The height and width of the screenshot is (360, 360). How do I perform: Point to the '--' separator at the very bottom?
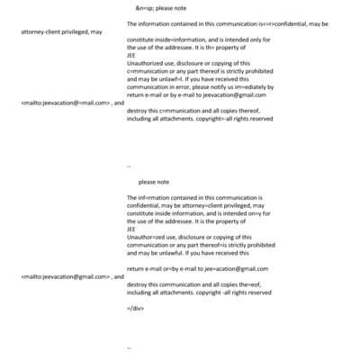[x=130, y=346]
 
